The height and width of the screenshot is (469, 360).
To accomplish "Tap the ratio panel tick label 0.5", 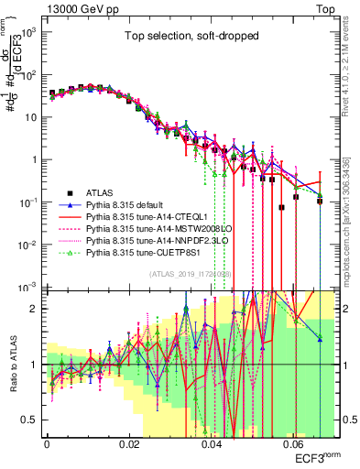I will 30,420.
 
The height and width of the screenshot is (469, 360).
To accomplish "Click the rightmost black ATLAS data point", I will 320,201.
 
